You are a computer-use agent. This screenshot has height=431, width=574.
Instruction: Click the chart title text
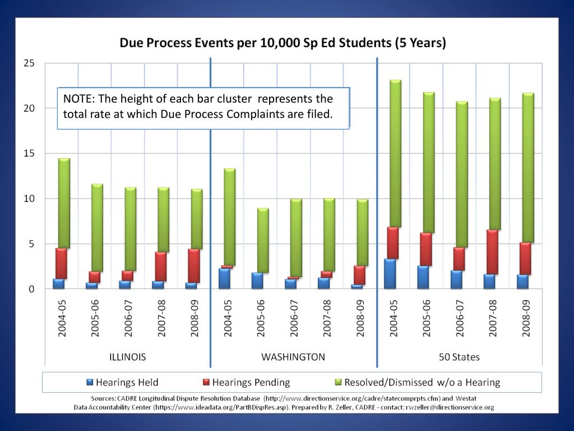283,43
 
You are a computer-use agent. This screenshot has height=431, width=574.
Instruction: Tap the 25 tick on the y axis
29,63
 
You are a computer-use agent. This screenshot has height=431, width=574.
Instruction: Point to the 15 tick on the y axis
29,154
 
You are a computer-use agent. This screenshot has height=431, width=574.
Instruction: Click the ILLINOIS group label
127,357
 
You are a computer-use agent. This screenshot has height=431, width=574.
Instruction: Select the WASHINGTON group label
293,357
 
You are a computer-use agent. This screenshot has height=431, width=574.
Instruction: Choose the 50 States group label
459,357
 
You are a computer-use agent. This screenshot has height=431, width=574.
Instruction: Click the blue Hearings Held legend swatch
90,383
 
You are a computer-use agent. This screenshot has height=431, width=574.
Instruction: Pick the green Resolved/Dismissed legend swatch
337,383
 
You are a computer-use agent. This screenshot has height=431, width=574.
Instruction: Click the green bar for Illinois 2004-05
64,203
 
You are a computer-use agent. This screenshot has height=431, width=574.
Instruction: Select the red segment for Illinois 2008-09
193,266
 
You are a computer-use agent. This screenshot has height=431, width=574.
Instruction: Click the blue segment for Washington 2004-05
225,278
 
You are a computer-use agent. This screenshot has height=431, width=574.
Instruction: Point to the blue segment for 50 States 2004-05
391,274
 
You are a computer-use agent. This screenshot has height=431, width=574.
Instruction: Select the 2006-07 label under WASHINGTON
293,318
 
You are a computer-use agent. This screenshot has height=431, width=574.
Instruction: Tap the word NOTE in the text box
78,99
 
